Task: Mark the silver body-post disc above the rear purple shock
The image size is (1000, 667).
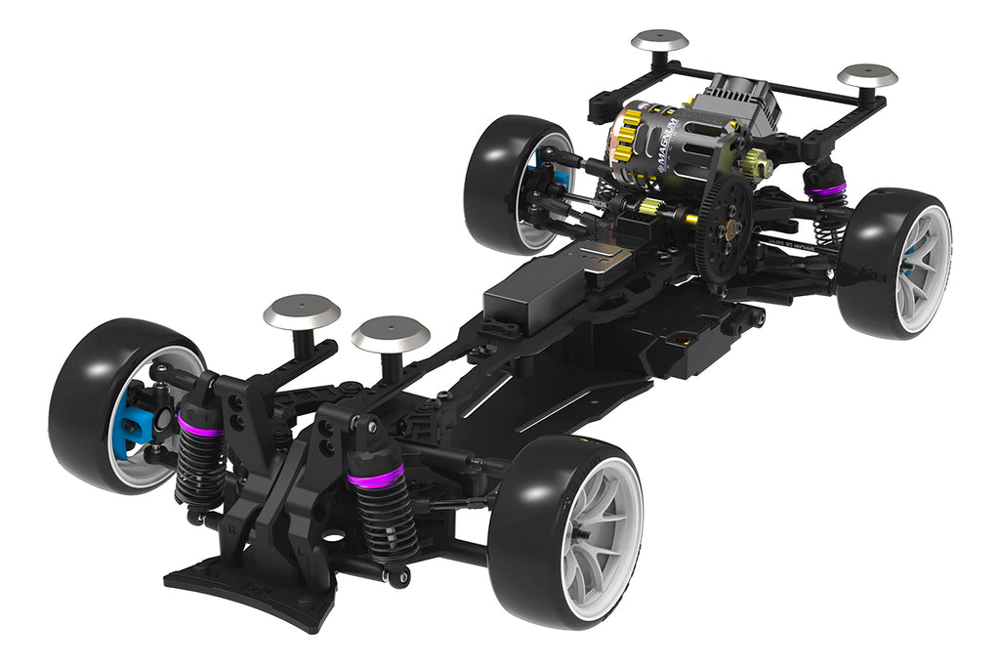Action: point(867,75)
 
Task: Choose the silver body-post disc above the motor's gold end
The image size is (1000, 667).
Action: point(659,41)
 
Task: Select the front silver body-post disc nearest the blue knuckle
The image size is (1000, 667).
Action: point(302,313)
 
